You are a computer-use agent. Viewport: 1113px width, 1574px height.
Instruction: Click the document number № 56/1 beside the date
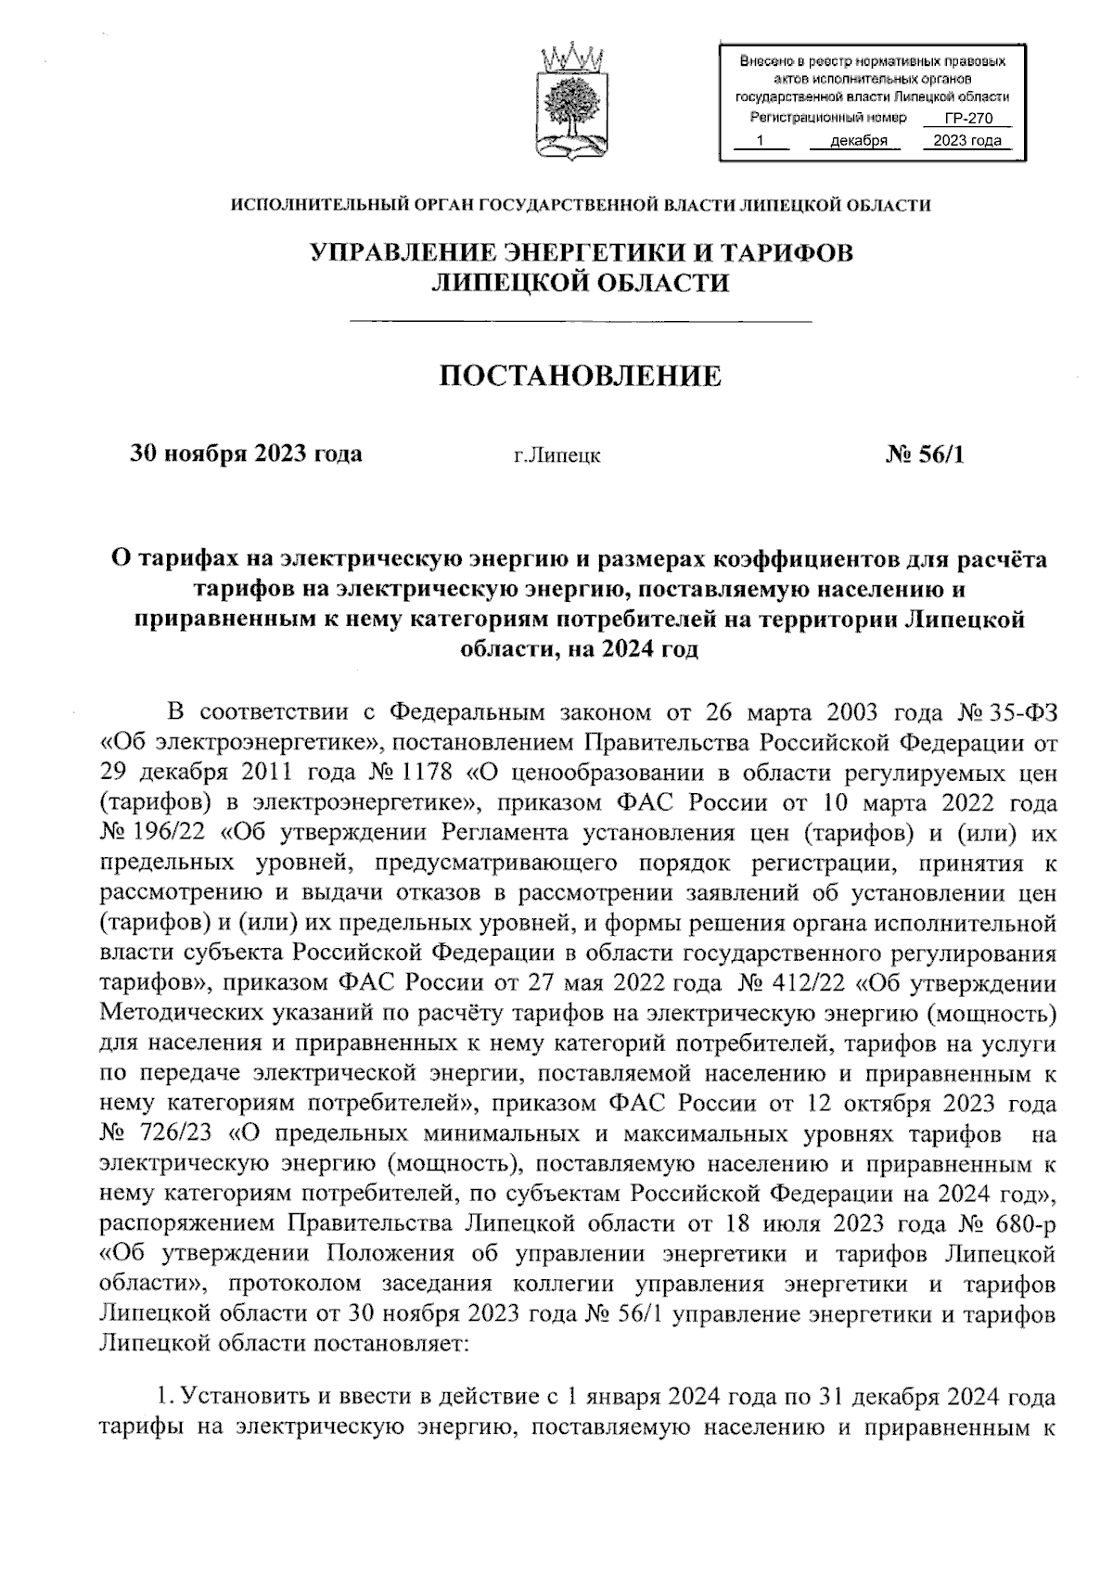(925, 454)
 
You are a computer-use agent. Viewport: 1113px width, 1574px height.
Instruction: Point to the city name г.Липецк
(556, 455)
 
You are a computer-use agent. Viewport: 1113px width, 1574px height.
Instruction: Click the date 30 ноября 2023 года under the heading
(246, 454)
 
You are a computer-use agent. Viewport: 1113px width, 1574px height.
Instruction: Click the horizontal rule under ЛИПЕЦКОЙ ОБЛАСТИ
(579, 321)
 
